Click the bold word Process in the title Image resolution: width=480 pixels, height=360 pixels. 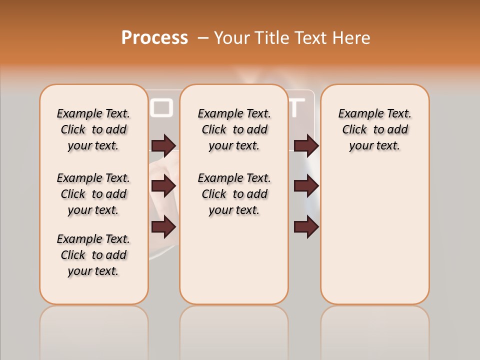154,38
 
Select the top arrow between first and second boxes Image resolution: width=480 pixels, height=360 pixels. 163,145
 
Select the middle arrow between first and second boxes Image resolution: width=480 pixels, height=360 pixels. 163,186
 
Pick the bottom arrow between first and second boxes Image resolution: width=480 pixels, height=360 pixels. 163,227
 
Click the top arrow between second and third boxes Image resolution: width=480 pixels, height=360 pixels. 306,145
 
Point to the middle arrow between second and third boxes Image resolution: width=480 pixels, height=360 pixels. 306,186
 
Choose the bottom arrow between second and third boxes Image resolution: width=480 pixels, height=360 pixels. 306,227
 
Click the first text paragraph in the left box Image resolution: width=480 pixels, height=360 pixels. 93,129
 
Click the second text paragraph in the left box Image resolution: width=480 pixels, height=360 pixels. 93,194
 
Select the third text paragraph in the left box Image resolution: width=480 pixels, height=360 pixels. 93,255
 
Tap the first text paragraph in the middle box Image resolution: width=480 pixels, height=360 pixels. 234,129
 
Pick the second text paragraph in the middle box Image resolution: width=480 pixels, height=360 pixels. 234,194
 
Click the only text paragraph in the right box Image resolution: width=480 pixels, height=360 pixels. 374,129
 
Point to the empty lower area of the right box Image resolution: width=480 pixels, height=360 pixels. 374,235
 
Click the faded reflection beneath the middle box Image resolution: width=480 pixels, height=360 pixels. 234,330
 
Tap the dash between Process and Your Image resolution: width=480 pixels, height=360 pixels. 203,38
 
